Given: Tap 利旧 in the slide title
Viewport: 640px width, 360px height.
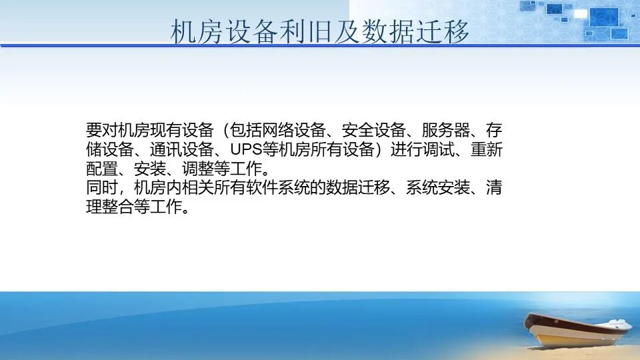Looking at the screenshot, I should coord(292,32).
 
